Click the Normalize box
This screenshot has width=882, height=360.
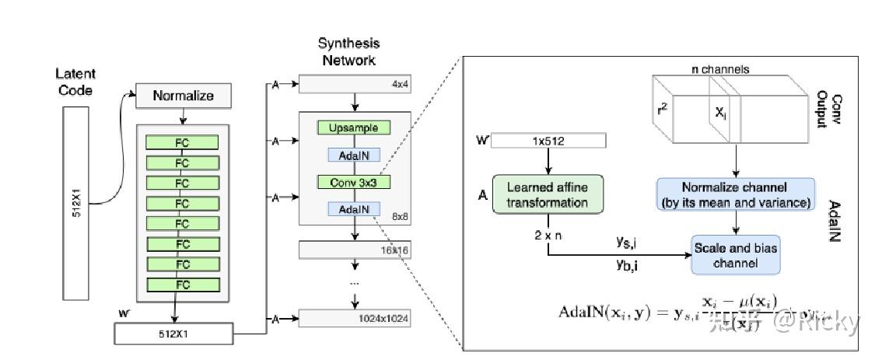point(183,96)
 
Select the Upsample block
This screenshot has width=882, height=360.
point(354,128)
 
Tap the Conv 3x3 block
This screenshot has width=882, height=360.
point(354,182)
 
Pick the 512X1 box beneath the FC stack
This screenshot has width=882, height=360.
point(173,334)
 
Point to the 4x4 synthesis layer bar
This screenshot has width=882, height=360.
point(354,84)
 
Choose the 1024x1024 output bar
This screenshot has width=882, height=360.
point(354,318)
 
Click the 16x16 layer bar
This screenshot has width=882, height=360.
point(354,250)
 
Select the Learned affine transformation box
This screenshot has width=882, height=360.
point(547,195)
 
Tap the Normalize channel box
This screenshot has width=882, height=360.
point(736,195)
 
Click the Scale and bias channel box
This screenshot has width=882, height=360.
point(735,256)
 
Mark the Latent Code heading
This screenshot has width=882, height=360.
point(75,82)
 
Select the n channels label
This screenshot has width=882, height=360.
point(720,69)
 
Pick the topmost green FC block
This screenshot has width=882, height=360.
point(182,142)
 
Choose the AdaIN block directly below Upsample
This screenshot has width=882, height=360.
point(354,156)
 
